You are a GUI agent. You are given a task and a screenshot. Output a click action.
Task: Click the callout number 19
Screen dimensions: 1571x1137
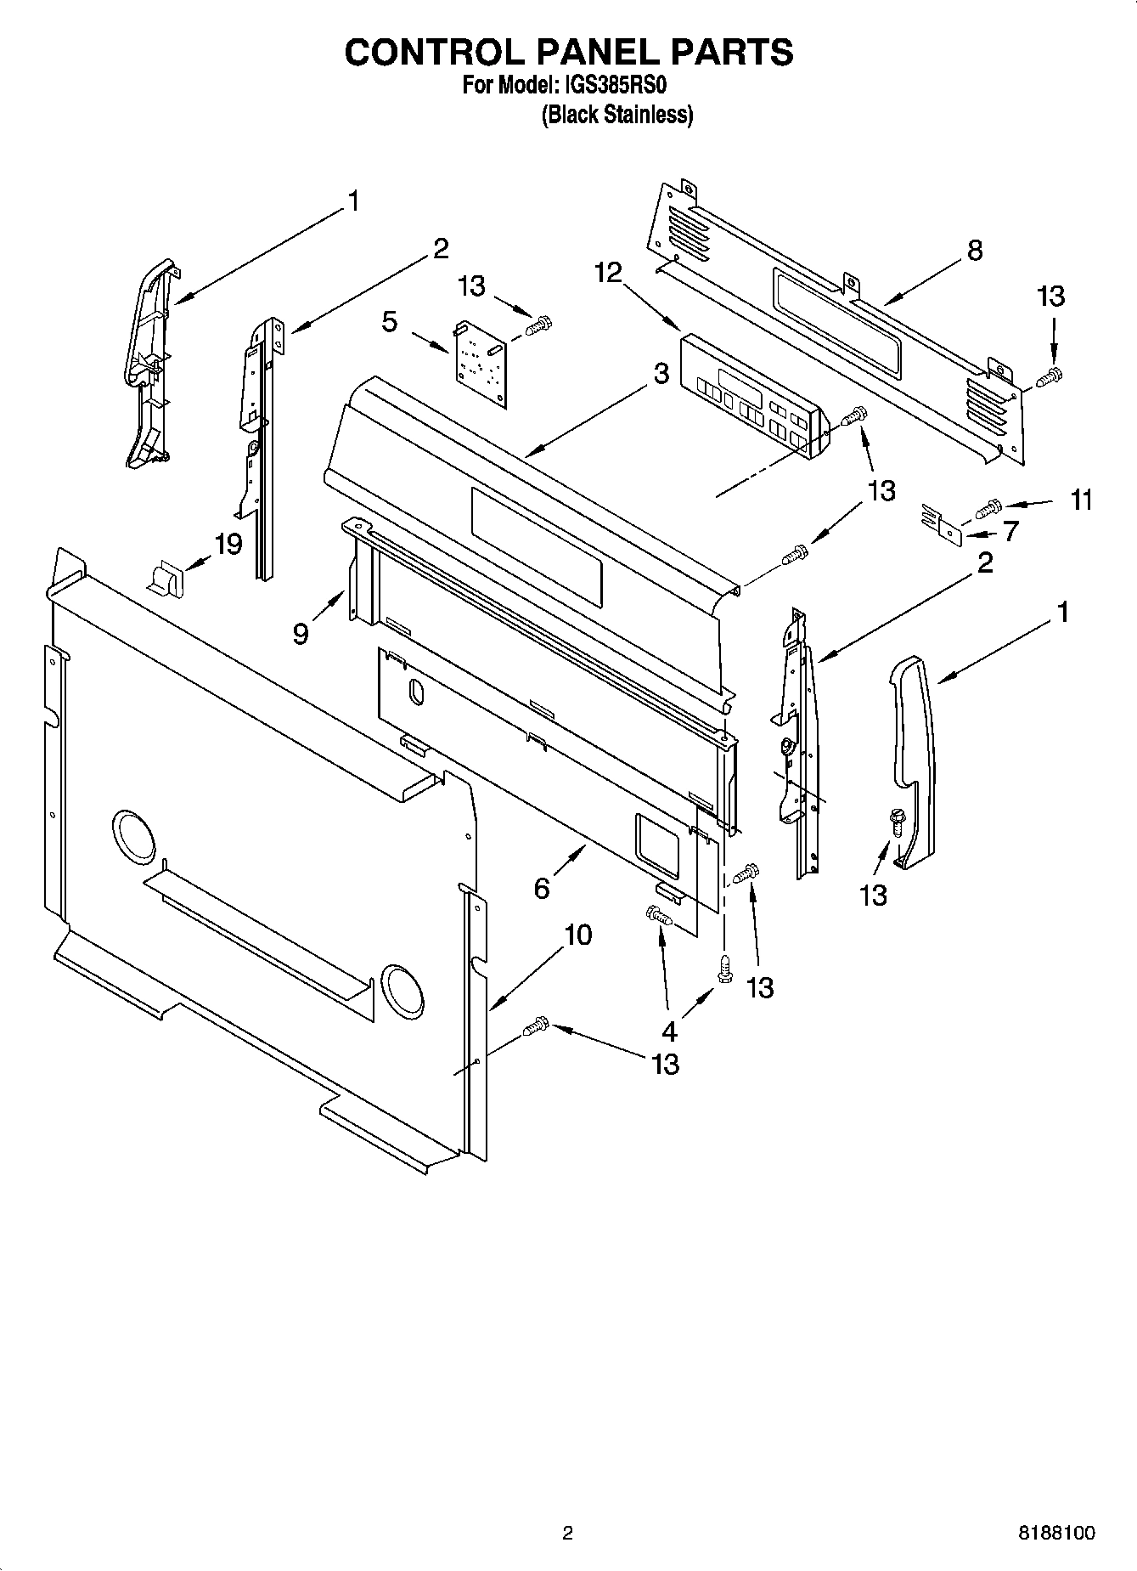click(228, 544)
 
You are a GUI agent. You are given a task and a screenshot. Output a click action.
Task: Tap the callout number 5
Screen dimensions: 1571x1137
click(389, 322)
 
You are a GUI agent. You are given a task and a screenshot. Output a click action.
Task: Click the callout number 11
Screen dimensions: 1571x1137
click(1080, 500)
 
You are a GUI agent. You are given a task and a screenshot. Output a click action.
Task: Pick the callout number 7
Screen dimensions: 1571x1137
click(1010, 533)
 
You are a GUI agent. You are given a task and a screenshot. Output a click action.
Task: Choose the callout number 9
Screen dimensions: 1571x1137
click(301, 634)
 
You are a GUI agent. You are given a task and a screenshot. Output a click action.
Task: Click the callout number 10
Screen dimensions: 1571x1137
click(577, 935)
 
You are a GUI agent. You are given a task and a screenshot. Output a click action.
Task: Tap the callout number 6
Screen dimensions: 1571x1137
click(542, 888)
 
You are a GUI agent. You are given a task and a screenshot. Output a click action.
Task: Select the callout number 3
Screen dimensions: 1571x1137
click(661, 374)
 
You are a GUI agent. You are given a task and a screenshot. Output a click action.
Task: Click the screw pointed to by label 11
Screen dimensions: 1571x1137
click(987, 508)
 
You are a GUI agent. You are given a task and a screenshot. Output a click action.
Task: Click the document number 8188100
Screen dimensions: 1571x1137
click(1055, 1534)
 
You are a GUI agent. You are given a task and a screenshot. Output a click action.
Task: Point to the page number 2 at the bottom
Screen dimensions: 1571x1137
click(567, 1534)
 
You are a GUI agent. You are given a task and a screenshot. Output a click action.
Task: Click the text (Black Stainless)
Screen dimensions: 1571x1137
click(617, 115)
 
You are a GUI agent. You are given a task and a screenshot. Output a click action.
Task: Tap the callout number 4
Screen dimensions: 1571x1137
click(669, 1031)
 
